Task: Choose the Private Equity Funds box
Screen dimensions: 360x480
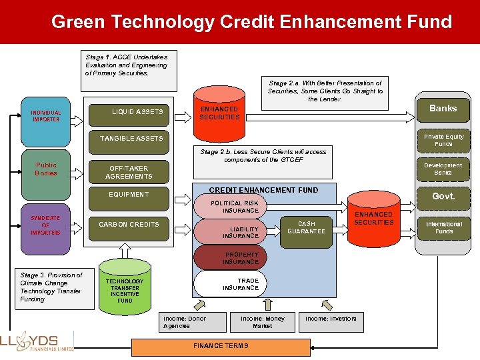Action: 443,140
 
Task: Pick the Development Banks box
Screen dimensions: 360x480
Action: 443,169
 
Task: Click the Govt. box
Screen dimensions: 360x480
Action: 443,197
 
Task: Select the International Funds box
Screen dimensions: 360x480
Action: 443,227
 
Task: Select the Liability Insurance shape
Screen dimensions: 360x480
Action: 227,232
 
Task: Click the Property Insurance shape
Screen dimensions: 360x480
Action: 227,258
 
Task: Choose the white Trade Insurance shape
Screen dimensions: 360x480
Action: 227,283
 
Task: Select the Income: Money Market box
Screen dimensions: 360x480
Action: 262,322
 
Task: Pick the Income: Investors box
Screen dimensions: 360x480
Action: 331,319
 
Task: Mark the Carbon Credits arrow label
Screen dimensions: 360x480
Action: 129,225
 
